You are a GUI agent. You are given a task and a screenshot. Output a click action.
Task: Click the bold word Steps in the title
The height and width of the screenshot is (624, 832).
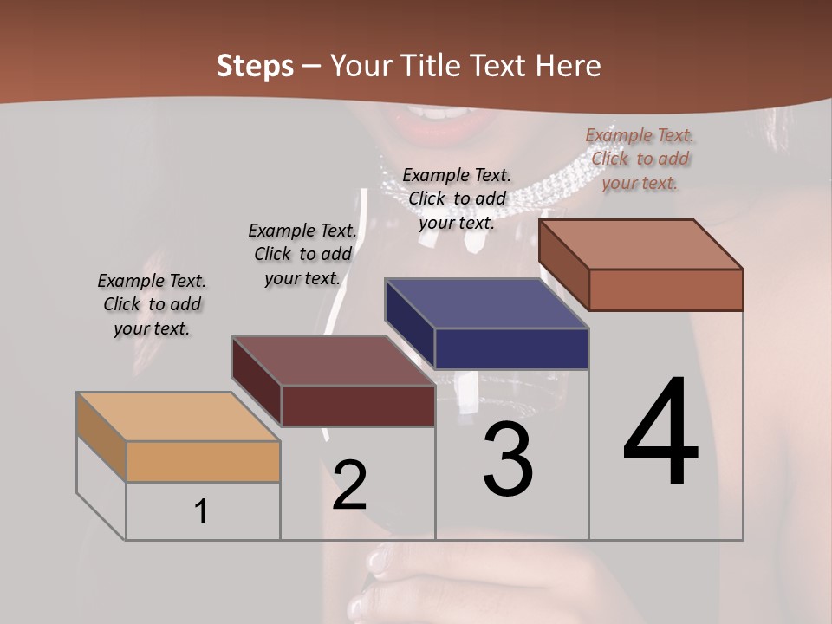coord(255,66)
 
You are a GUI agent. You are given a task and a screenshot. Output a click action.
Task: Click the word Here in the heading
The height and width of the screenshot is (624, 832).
coord(568,66)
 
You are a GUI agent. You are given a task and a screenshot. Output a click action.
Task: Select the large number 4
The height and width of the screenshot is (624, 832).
coord(660,432)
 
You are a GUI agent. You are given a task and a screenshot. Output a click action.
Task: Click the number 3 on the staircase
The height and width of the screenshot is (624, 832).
coord(508,459)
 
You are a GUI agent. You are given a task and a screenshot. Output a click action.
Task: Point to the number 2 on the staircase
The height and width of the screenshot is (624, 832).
coord(349,485)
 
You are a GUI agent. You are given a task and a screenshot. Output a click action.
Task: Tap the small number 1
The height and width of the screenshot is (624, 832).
coord(201,512)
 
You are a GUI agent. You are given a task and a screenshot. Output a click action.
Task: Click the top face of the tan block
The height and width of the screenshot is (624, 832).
coord(179,417)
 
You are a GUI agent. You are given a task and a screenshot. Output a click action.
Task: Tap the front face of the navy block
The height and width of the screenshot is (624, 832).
coord(511,348)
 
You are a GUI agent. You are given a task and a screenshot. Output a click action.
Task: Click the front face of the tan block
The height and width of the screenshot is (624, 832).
coord(203,461)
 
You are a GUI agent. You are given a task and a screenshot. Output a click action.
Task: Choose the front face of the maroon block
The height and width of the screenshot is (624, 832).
coord(357,406)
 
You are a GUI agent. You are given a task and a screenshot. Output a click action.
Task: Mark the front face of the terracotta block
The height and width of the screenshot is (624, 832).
coord(666,289)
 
